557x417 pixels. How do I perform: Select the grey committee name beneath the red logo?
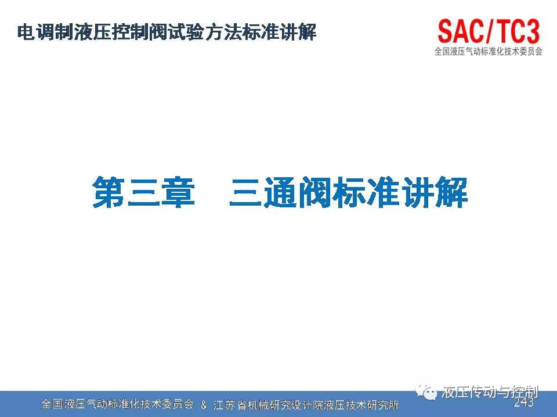pyautogui.click(x=489, y=52)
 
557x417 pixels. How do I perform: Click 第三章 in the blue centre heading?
pyautogui.click(x=143, y=192)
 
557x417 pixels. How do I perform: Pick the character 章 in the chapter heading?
pyautogui.click(x=178, y=192)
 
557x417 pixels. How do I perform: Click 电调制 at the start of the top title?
pyautogui.click(x=45, y=32)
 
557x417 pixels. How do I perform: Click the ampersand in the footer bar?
pyautogui.click(x=204, y=405)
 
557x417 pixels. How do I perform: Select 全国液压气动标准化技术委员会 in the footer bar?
pyautogui.click(x=118, y=404)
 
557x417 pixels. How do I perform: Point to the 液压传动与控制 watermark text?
pyautogui.click(x=490, y=392)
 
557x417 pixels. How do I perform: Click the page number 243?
pyautogui.click(x=523, y=402)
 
